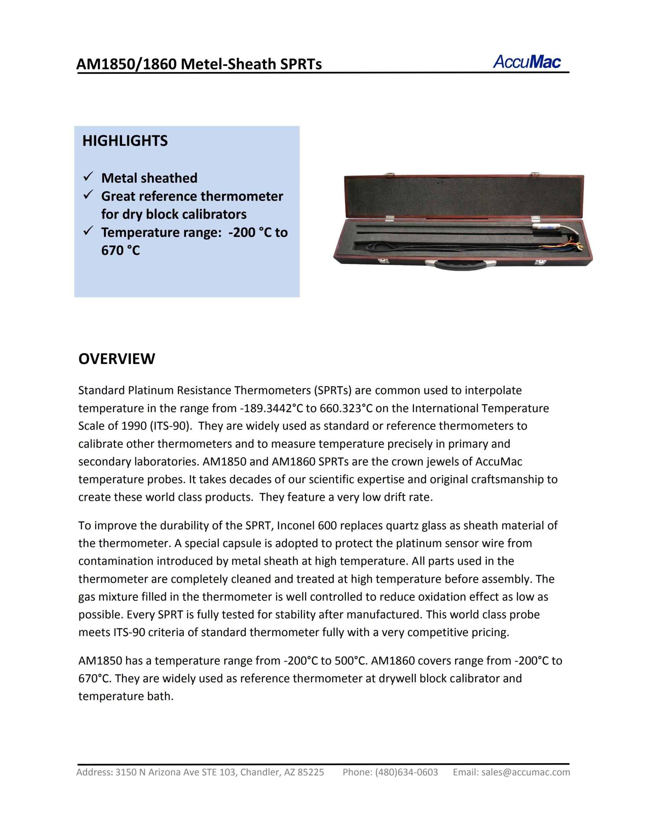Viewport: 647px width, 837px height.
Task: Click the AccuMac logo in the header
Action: (x=527, y=62)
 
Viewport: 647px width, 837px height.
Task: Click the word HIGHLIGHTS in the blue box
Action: (x=125, y=141)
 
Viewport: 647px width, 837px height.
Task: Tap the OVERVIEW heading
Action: (x=117, y=359)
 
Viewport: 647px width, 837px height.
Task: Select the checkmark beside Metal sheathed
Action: (x=88, y=177)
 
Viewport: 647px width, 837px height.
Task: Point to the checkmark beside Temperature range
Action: (x=88, y=231)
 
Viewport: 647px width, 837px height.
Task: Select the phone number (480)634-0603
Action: (x=407, y=772)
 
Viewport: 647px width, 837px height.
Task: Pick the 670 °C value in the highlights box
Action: (x=120, y=251)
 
